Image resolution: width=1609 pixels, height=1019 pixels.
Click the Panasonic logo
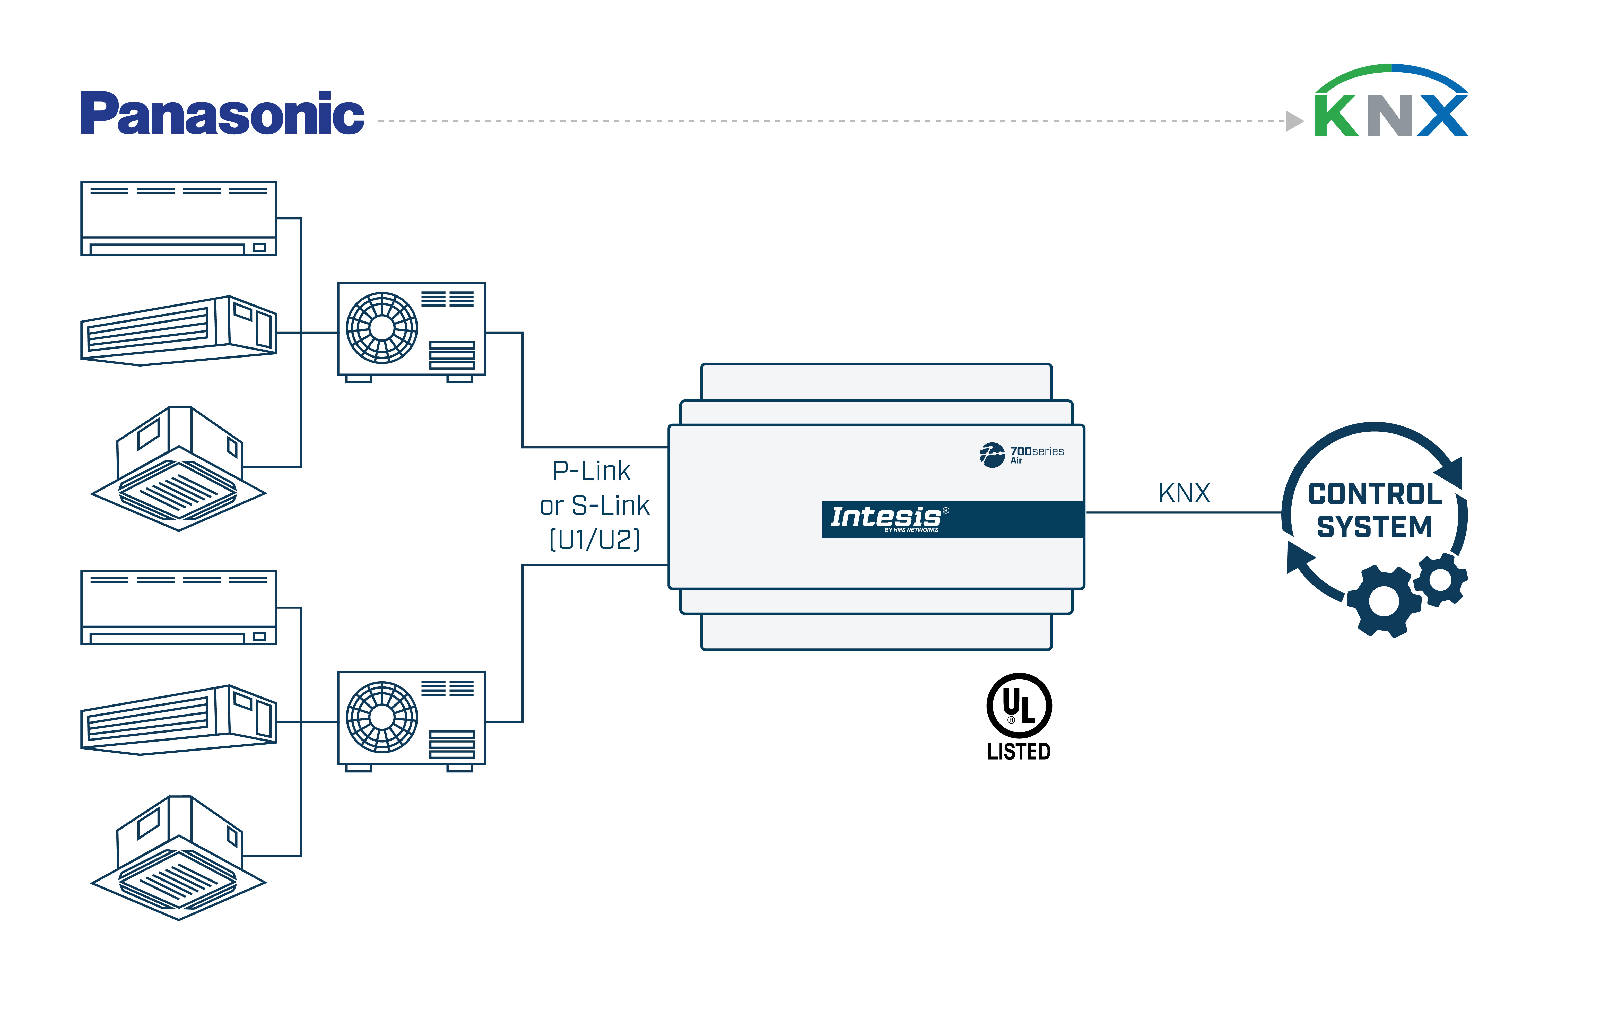coord(222,114)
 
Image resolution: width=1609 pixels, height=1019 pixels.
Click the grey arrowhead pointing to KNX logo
coord(1294,121)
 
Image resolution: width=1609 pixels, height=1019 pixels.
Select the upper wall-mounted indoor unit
coord(178,218)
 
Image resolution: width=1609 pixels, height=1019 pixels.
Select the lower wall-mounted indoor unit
coord(178,607)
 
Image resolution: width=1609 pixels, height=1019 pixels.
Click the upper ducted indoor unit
coord(178,331)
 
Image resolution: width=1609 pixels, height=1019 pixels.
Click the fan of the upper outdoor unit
coord(381,327)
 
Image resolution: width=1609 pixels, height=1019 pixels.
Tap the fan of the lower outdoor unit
coord(381,717)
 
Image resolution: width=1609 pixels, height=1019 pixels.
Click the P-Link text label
coord(591,471)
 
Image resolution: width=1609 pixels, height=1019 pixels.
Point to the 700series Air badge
coord(1022,454)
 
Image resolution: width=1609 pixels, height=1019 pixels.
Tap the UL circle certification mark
coord(1019,706)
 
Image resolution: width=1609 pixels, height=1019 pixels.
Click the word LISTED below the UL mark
coord(1019,752)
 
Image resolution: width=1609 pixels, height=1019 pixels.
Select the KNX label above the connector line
coord(1184,493)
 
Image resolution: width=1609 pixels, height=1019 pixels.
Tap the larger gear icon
coord(1383,601)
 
